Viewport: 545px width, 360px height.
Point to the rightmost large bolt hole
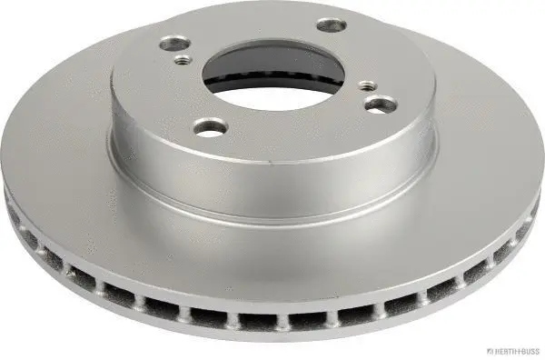[379, 106]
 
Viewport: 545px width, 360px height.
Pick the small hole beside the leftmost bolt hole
[183, 61]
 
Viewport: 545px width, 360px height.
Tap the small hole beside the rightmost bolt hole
[366, 87]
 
